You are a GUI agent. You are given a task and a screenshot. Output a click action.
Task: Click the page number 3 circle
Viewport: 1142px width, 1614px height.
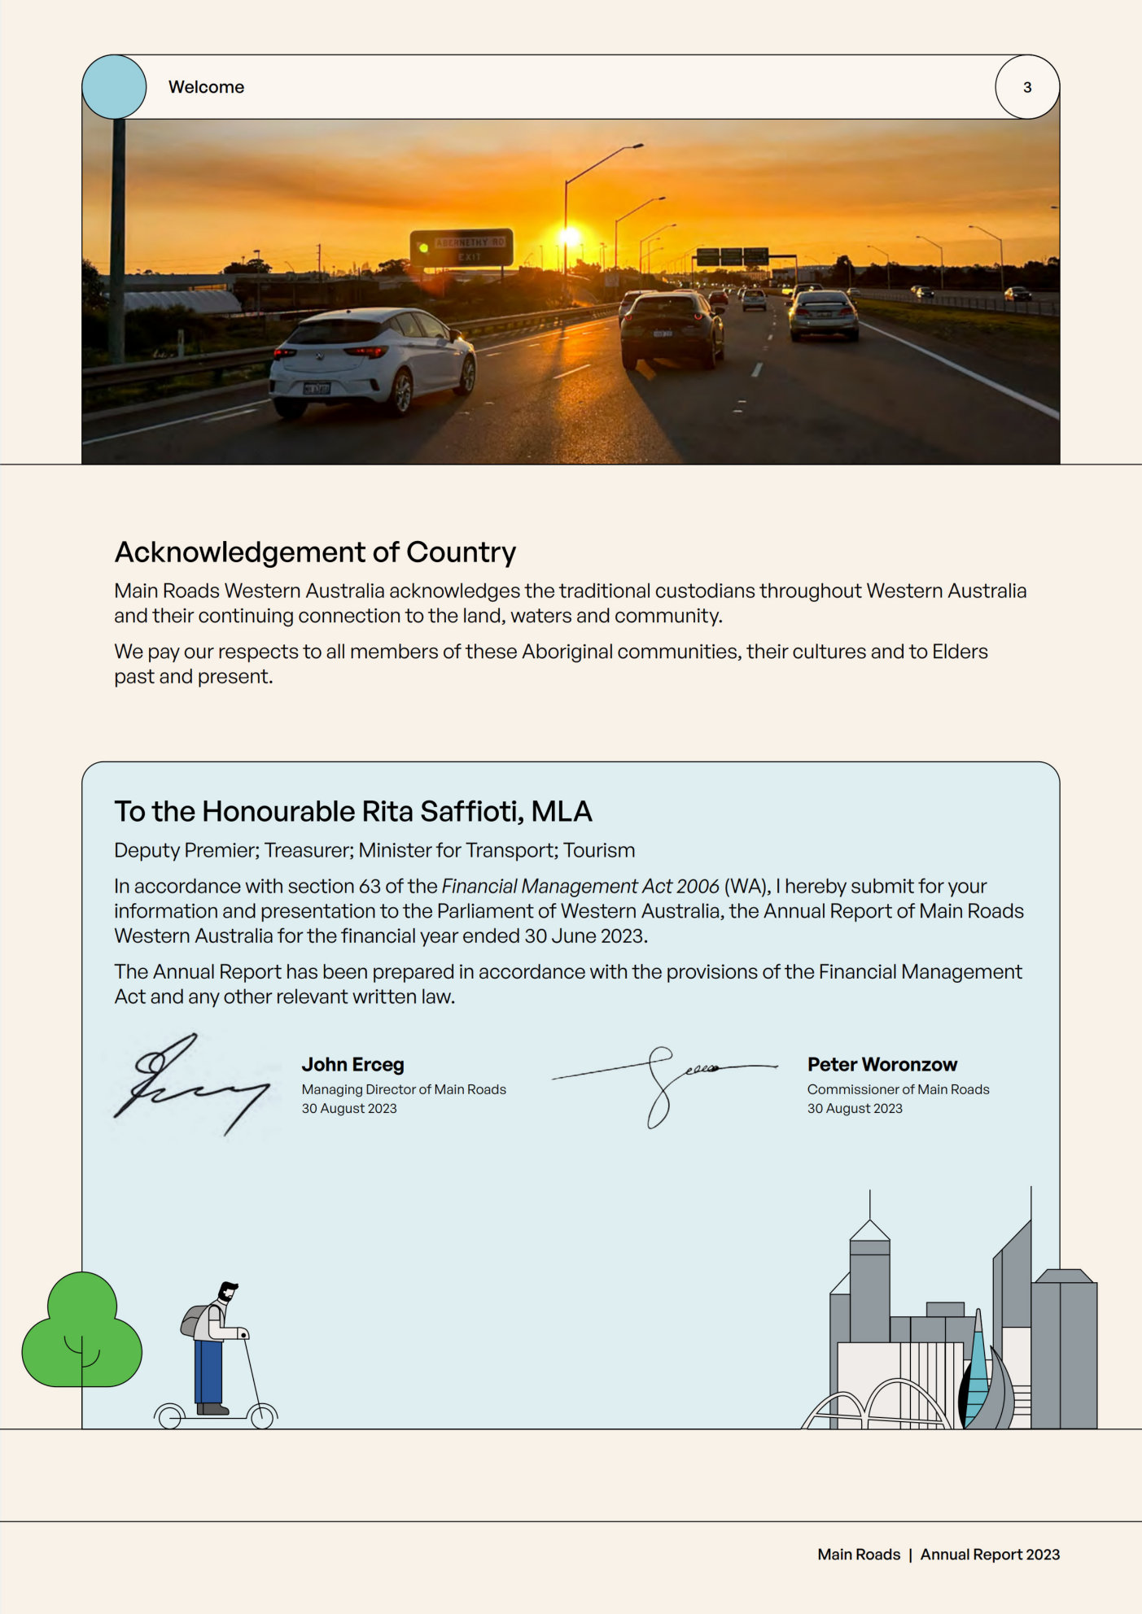1026,87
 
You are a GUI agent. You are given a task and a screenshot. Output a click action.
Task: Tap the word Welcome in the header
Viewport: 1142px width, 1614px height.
206,87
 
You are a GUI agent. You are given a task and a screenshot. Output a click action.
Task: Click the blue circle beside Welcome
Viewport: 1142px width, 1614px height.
115,87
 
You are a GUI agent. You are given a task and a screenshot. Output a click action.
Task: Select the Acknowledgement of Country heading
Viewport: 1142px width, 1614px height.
315,552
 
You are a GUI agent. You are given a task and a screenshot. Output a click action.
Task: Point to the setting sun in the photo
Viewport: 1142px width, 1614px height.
570,237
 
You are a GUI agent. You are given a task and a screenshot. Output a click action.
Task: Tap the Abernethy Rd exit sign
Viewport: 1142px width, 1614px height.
462,247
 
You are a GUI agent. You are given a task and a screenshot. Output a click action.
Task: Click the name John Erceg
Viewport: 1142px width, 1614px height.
352,1064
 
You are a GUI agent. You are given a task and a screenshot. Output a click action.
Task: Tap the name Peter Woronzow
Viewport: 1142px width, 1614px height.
882,1064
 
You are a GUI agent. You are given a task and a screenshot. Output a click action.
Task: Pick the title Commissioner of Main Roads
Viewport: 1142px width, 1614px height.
898,1089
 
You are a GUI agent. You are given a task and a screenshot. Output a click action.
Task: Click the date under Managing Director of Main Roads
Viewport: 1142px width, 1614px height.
349,1108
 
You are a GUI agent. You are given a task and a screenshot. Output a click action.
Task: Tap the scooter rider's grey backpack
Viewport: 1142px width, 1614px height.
193,1320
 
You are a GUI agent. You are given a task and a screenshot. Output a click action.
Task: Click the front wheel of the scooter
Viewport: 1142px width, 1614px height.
262,1416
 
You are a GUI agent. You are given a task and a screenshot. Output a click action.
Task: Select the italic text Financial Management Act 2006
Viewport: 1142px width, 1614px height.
580,886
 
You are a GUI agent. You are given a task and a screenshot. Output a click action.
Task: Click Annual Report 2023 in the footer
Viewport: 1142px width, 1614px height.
990,1554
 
